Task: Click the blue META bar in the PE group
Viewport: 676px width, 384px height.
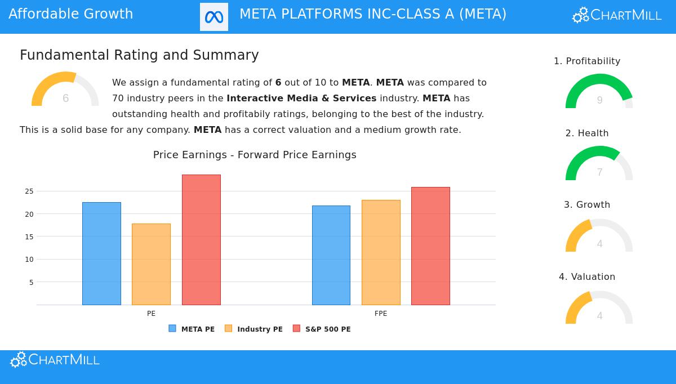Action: tap(101, 253)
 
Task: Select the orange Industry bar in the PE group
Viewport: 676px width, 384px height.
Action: tap(151, 264)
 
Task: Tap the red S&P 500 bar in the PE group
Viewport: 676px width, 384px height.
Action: tap(201, 240)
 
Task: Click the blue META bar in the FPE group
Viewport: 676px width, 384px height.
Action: tap(331, 255)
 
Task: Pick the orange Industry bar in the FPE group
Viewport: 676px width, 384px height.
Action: tap(381, 252)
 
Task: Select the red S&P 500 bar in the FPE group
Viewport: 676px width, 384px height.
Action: tap(430, 246)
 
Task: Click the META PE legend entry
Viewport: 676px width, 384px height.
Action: tap(192, 329)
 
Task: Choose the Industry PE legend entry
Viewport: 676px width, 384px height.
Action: tap(253, 329)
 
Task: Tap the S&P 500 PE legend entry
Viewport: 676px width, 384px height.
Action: tap(322, 329)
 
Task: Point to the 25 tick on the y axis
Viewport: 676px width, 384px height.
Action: tap(29, 191)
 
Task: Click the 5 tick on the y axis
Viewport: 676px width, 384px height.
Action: tap(31, 282)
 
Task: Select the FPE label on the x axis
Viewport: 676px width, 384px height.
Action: tap(381, 314)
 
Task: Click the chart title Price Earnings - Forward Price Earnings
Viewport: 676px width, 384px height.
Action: tap(255, 155)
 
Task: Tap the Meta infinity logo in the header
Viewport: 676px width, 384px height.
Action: tap(214, 17)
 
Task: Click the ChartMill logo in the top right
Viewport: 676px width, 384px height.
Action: tap(617, 15)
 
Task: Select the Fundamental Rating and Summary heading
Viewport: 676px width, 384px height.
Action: tap(139, 55)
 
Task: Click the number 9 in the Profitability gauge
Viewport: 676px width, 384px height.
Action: tap(599, 100)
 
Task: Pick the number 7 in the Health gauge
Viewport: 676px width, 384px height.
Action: tap(599, 172)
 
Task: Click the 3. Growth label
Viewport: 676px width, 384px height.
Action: tap(587, 205)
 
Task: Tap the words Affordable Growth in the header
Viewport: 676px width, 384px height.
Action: tap(71, 14)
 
